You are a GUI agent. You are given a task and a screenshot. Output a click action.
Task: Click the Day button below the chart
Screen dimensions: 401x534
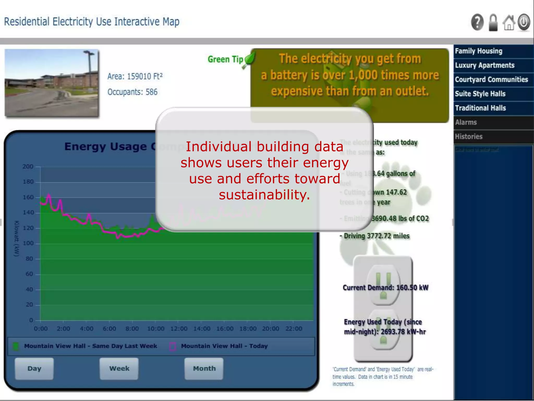tap(34, 368)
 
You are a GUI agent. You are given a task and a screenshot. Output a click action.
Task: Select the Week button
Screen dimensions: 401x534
tap(119, 368)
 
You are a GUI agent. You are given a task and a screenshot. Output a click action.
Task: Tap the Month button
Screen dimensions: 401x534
tap(204, 368)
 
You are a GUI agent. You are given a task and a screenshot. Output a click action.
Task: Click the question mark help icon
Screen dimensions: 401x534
tap(477, 22)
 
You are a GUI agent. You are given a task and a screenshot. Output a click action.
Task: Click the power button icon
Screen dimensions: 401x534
tap(524, 22)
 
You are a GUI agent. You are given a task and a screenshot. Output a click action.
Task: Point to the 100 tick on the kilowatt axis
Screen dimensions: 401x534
tap(28, 243)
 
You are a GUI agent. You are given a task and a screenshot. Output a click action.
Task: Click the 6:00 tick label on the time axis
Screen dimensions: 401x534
tap(109, 329)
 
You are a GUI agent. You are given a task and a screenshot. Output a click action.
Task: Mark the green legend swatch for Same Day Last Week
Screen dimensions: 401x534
tap(16, 346)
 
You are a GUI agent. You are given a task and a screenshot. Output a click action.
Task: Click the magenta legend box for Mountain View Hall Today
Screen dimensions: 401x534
tap(172, 346)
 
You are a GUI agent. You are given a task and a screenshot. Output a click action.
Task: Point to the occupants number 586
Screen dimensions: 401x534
tap(151, 92)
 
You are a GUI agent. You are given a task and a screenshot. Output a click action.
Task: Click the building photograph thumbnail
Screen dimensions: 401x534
tap(52, 83)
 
